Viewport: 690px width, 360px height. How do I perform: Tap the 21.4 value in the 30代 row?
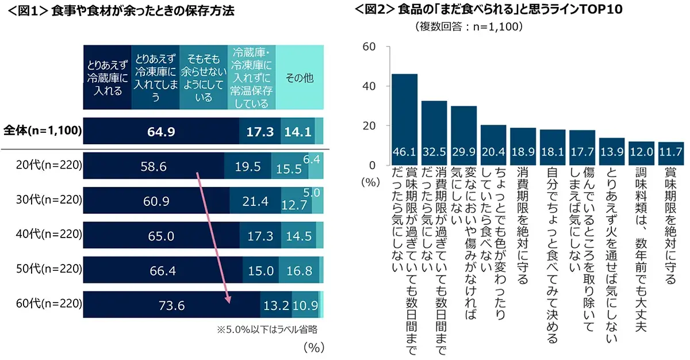click(250, 201)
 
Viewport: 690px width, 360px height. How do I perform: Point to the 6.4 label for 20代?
click(315, 158)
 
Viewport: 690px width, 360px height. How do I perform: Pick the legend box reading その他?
click(300, 78)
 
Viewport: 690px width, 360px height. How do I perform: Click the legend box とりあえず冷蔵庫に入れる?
click(107, 78)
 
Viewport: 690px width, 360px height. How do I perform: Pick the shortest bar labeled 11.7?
click(670, 153)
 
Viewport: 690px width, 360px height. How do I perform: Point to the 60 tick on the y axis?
click(369, 47)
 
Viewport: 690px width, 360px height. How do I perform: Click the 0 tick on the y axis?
click(373, 165)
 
